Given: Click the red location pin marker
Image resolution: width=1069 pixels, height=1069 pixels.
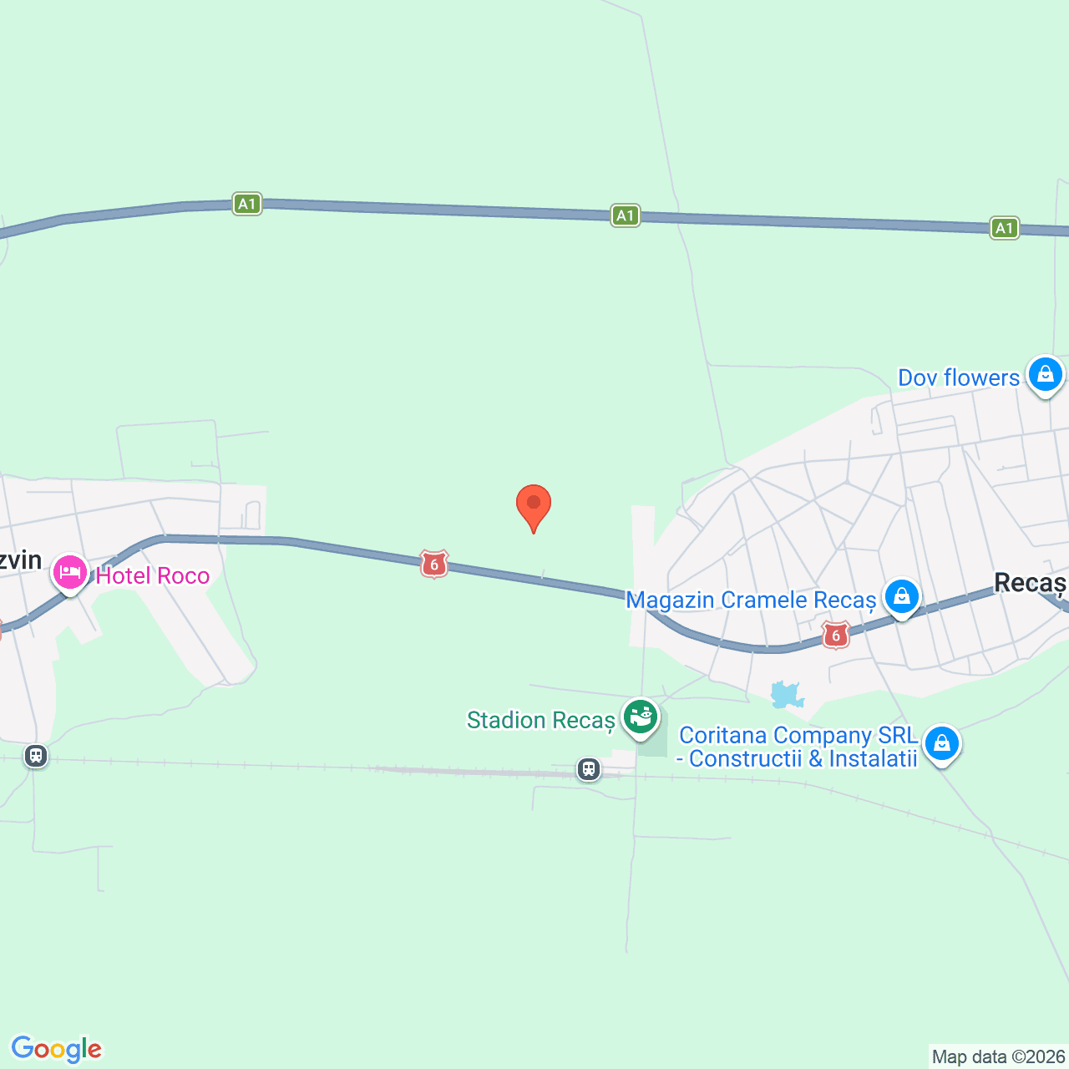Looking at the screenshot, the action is click(533, 505).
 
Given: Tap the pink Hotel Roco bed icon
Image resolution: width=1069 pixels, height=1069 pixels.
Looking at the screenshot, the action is click(70, 573).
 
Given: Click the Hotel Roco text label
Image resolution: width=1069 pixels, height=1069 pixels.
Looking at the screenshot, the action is click(152, 575).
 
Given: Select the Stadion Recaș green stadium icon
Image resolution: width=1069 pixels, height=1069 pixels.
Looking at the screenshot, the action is click(640, 717).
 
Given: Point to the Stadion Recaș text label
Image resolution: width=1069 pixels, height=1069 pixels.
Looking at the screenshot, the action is click(540, 720).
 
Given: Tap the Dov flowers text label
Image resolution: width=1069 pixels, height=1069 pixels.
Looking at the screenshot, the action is click(958, 377).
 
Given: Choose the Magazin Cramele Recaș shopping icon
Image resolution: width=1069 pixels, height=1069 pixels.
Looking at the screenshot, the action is click(901, 596).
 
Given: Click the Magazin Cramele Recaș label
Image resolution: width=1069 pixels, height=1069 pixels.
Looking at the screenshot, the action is click(750, 600).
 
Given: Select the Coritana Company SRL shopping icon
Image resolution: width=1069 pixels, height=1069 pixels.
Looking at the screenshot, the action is click(941, 742).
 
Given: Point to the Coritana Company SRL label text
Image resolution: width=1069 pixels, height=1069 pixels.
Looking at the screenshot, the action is click(798, 747).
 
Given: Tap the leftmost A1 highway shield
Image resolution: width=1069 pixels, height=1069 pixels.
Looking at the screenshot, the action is click(246, 204).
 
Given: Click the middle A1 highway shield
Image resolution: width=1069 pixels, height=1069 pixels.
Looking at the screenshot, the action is click(625, 215).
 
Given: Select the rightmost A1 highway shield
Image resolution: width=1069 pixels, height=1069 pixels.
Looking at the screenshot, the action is click(1004, 228).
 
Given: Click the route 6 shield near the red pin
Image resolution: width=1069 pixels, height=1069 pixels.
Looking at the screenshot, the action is click(433, 564).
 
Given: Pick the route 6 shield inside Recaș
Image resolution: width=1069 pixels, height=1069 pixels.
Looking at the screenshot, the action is click(835, 635).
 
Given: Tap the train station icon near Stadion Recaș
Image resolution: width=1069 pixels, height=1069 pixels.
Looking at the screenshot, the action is click(589, 769).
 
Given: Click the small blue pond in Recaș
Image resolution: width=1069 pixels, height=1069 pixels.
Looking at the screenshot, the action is click(786, 693).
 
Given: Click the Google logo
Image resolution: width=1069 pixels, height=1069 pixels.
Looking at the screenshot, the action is click(56, 1048).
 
